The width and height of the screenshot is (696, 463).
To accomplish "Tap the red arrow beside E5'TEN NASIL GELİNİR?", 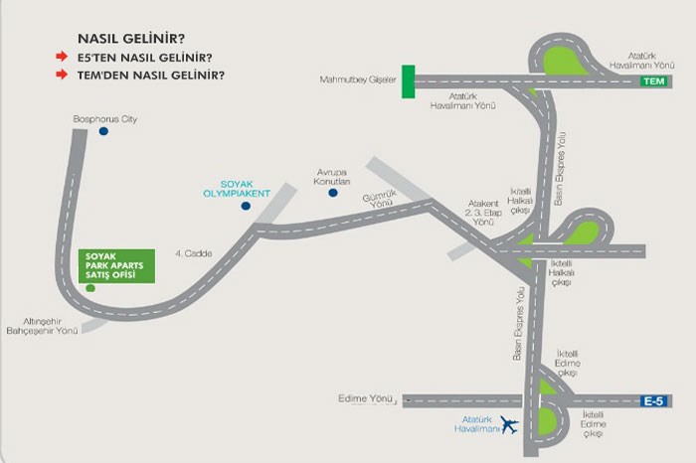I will tap(62, 58).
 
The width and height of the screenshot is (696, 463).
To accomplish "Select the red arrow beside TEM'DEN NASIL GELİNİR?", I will tap(62, 75).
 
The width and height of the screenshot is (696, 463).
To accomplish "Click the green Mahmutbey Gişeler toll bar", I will tap(408, 81).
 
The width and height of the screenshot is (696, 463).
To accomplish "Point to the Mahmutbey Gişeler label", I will tap(359, 79).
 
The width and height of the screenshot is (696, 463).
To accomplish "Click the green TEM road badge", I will tap(652, 81).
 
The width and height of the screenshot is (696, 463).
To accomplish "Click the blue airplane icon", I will tap(511, 426).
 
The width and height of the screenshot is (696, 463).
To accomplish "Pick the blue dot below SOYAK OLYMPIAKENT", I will tap(246, 207).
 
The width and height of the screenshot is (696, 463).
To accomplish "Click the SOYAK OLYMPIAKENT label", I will tap(245, 189).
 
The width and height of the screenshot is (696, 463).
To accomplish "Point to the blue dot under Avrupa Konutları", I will tap(332, 193).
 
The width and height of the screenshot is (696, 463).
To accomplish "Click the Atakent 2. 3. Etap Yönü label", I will tap(483, 211).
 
